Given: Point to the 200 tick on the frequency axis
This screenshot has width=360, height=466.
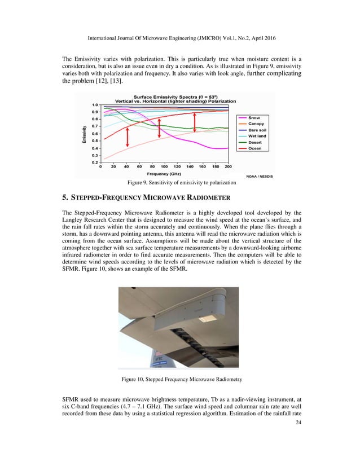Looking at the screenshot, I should click(x=228, y=167).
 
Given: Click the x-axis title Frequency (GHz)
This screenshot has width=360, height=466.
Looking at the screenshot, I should click(x=164, y=174).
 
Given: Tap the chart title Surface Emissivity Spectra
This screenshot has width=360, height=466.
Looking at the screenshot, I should click(x=164, y=96).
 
